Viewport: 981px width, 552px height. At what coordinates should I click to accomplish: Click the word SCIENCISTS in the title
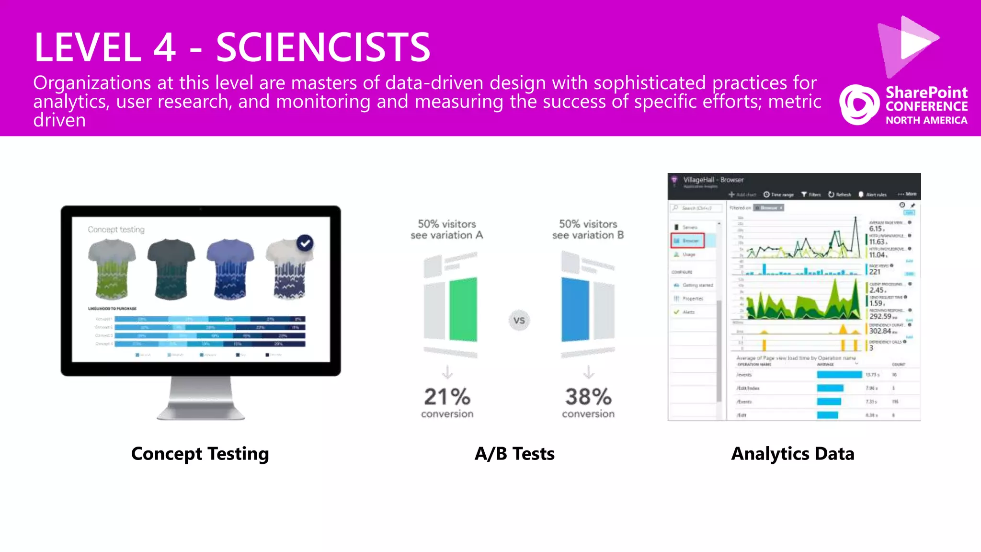coord(323,47)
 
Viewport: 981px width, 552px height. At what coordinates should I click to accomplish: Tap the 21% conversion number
coord(447,397)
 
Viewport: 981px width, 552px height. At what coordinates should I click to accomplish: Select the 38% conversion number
coord(588,397)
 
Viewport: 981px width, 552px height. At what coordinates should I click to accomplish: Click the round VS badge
coord(519,320)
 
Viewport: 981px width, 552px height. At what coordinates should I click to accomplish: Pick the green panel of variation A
coord(463,310)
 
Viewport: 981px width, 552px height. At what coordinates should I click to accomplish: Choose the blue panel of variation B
coord(575,310)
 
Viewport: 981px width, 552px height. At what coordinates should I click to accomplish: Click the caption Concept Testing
coord(200,454)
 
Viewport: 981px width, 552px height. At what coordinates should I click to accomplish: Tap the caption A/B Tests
coord(514,454)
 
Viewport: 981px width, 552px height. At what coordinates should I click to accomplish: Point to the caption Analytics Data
coord(793,454)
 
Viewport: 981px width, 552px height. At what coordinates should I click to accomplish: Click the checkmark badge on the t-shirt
coord(305,243)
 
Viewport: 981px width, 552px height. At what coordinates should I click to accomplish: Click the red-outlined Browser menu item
coord(687,241)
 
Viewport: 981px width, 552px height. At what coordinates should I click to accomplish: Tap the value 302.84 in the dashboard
coord(880,331)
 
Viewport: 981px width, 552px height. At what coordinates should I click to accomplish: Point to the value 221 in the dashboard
coord(875,272)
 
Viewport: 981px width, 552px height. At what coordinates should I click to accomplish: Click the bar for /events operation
coord(839,375)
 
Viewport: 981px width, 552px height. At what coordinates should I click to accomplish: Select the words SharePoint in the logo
coord(926,92)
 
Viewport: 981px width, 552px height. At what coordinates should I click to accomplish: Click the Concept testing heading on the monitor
coord(116,230)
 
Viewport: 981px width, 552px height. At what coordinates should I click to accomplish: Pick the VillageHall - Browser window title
coord(713,180)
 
